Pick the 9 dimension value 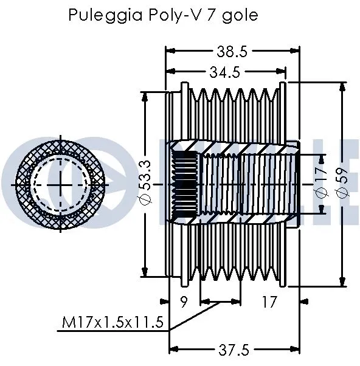pyautogui.click(x=185, y=300)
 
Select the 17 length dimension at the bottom pyautogui.click(x=269, y=300)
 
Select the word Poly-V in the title pyautogui.click(x=170, y=15)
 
